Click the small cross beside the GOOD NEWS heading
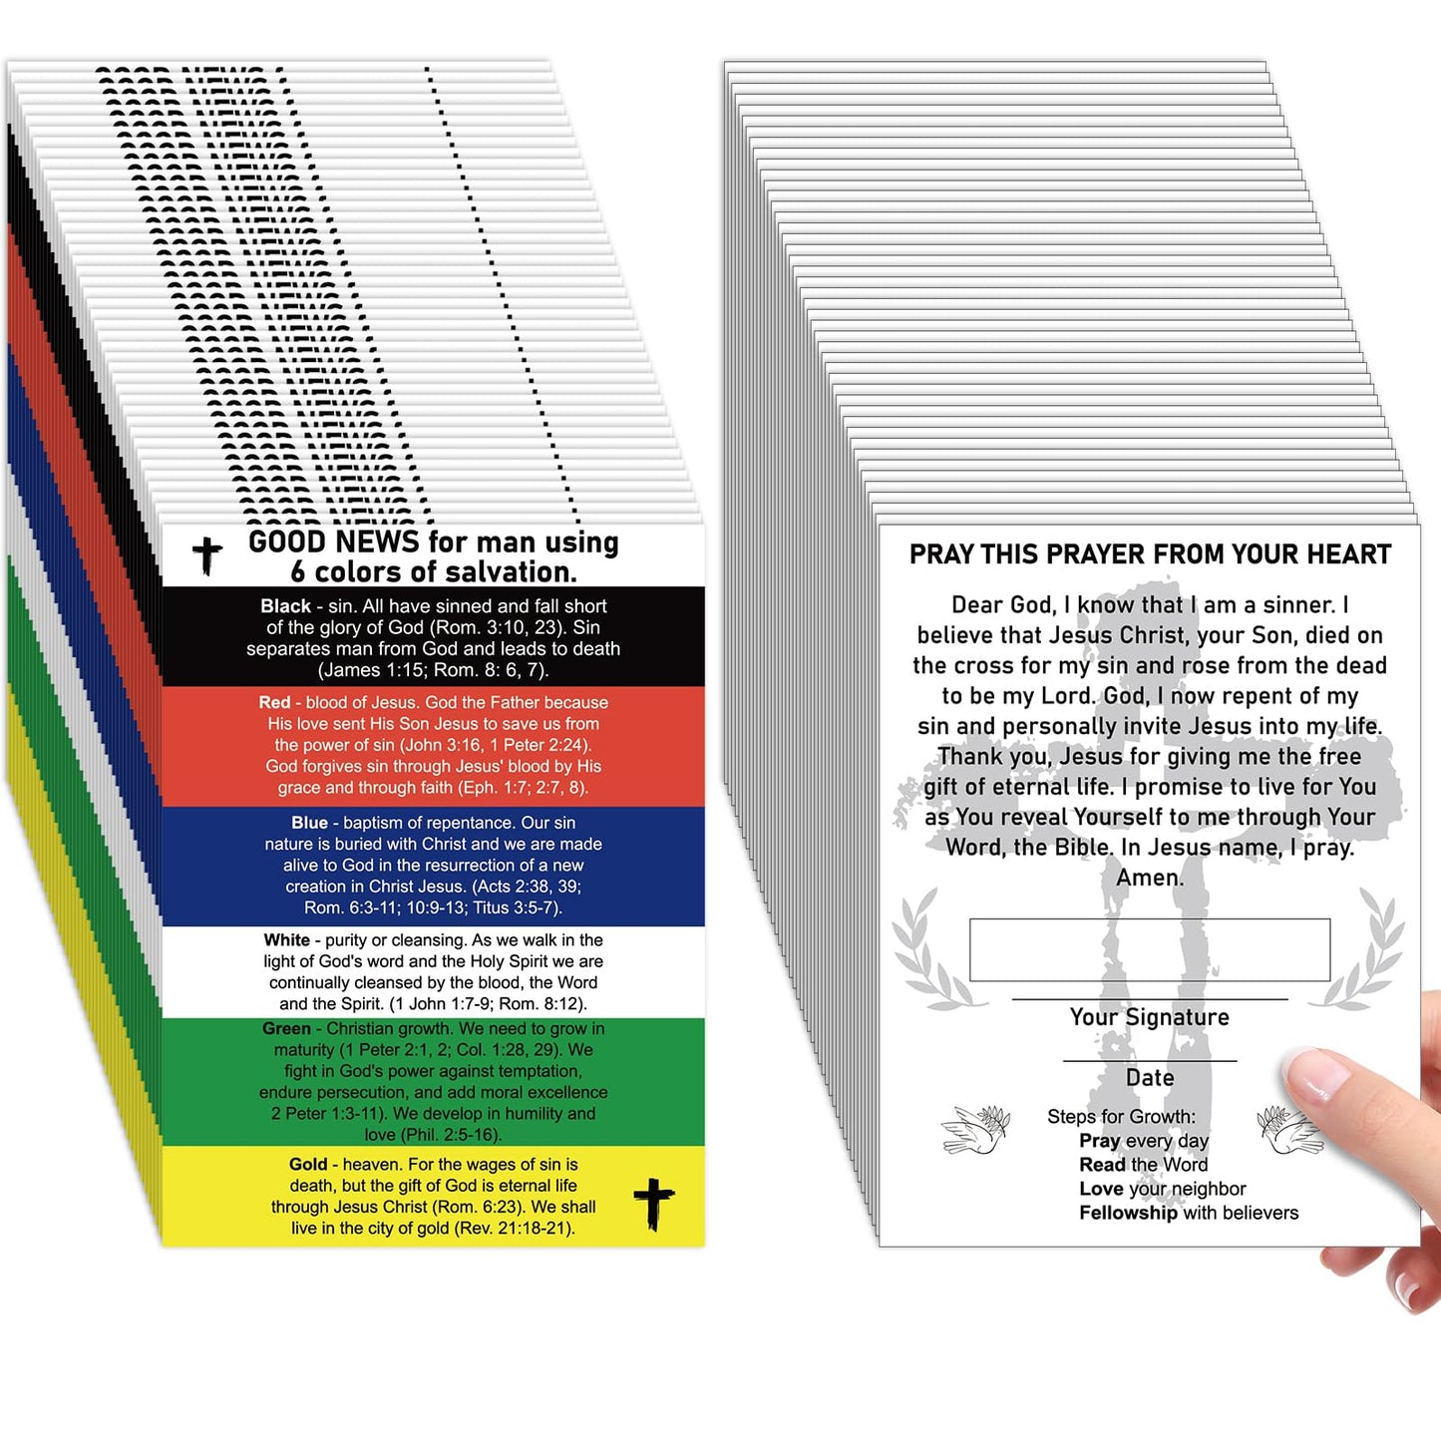(207, 556)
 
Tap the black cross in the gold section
(653, 1204)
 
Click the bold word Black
(285, 606)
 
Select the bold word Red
(274, 703)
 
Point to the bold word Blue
(309, 823)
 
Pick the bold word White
(286, 940)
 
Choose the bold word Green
(286, 1029)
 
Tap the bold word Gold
(308, 1165)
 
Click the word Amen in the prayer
(1150, 878)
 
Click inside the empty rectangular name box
(1150, 949)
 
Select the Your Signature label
(1150, 1017)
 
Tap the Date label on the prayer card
(1150, 1078)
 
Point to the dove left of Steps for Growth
(975, 1130)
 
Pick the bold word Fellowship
(1128, 1213)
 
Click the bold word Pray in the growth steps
(1099, 1141)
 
